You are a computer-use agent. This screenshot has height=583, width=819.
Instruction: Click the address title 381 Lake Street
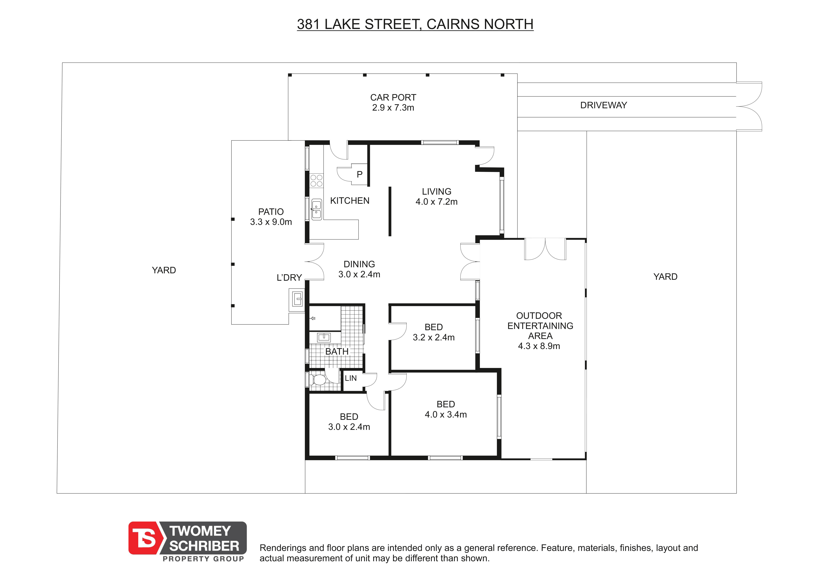tap(415, 24)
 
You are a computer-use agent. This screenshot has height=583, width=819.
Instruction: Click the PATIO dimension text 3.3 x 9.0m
tap(271, 222)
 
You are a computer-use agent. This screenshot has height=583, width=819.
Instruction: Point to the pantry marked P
tap(360, 174)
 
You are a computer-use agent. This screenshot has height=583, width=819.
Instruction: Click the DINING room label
tap(359, 264)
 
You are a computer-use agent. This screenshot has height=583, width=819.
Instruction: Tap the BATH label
tap(337, 351)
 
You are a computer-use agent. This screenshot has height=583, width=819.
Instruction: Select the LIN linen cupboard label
tap(351, 378)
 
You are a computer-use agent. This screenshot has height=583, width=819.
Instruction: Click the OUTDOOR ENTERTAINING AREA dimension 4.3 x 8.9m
tap(539, 346)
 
